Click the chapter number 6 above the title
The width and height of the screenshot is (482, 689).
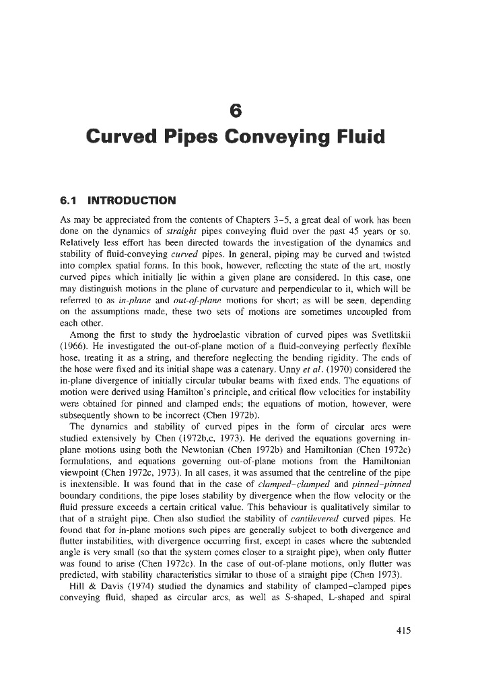click(241, 108)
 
